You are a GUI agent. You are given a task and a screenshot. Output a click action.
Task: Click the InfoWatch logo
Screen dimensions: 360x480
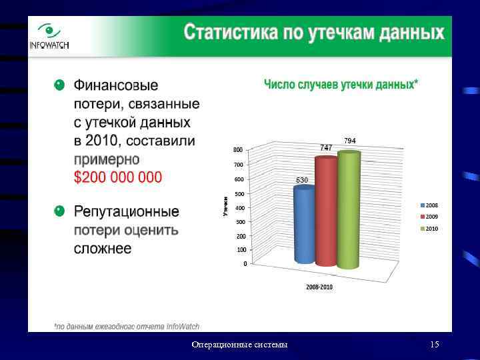(49, 37)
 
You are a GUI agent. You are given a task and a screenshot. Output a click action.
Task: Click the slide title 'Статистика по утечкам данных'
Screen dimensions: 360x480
(313, 33)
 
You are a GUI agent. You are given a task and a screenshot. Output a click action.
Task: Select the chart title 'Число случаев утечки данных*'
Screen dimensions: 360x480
(341, 84)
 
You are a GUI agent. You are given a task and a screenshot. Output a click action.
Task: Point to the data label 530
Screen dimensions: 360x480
(302, 181)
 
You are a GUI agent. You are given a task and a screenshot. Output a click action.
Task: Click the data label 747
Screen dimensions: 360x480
(326, 147)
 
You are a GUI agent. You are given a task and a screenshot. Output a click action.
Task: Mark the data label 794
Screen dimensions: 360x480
(350, 141)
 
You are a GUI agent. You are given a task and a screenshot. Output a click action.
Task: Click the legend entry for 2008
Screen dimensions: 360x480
(428, 205)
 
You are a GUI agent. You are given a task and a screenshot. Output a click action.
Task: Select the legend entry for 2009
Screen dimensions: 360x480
(428, 217)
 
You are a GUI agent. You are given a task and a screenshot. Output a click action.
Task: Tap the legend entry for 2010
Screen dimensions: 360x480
(428, 229)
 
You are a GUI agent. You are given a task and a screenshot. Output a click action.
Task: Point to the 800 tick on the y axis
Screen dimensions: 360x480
(238, 150)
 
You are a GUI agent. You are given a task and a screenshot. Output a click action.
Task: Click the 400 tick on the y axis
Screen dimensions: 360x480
(238, 208)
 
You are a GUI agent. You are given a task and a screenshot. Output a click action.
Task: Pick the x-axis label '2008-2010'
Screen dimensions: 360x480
(319, 287)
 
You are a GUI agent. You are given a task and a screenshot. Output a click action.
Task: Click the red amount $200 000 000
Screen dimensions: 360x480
(118, 177)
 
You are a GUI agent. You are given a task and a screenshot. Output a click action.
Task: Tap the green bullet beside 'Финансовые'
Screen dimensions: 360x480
(59, 85)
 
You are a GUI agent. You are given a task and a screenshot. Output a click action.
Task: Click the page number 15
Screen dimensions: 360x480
(435, 345)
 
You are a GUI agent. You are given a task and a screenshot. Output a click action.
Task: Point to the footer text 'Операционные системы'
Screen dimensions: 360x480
(239, 345)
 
